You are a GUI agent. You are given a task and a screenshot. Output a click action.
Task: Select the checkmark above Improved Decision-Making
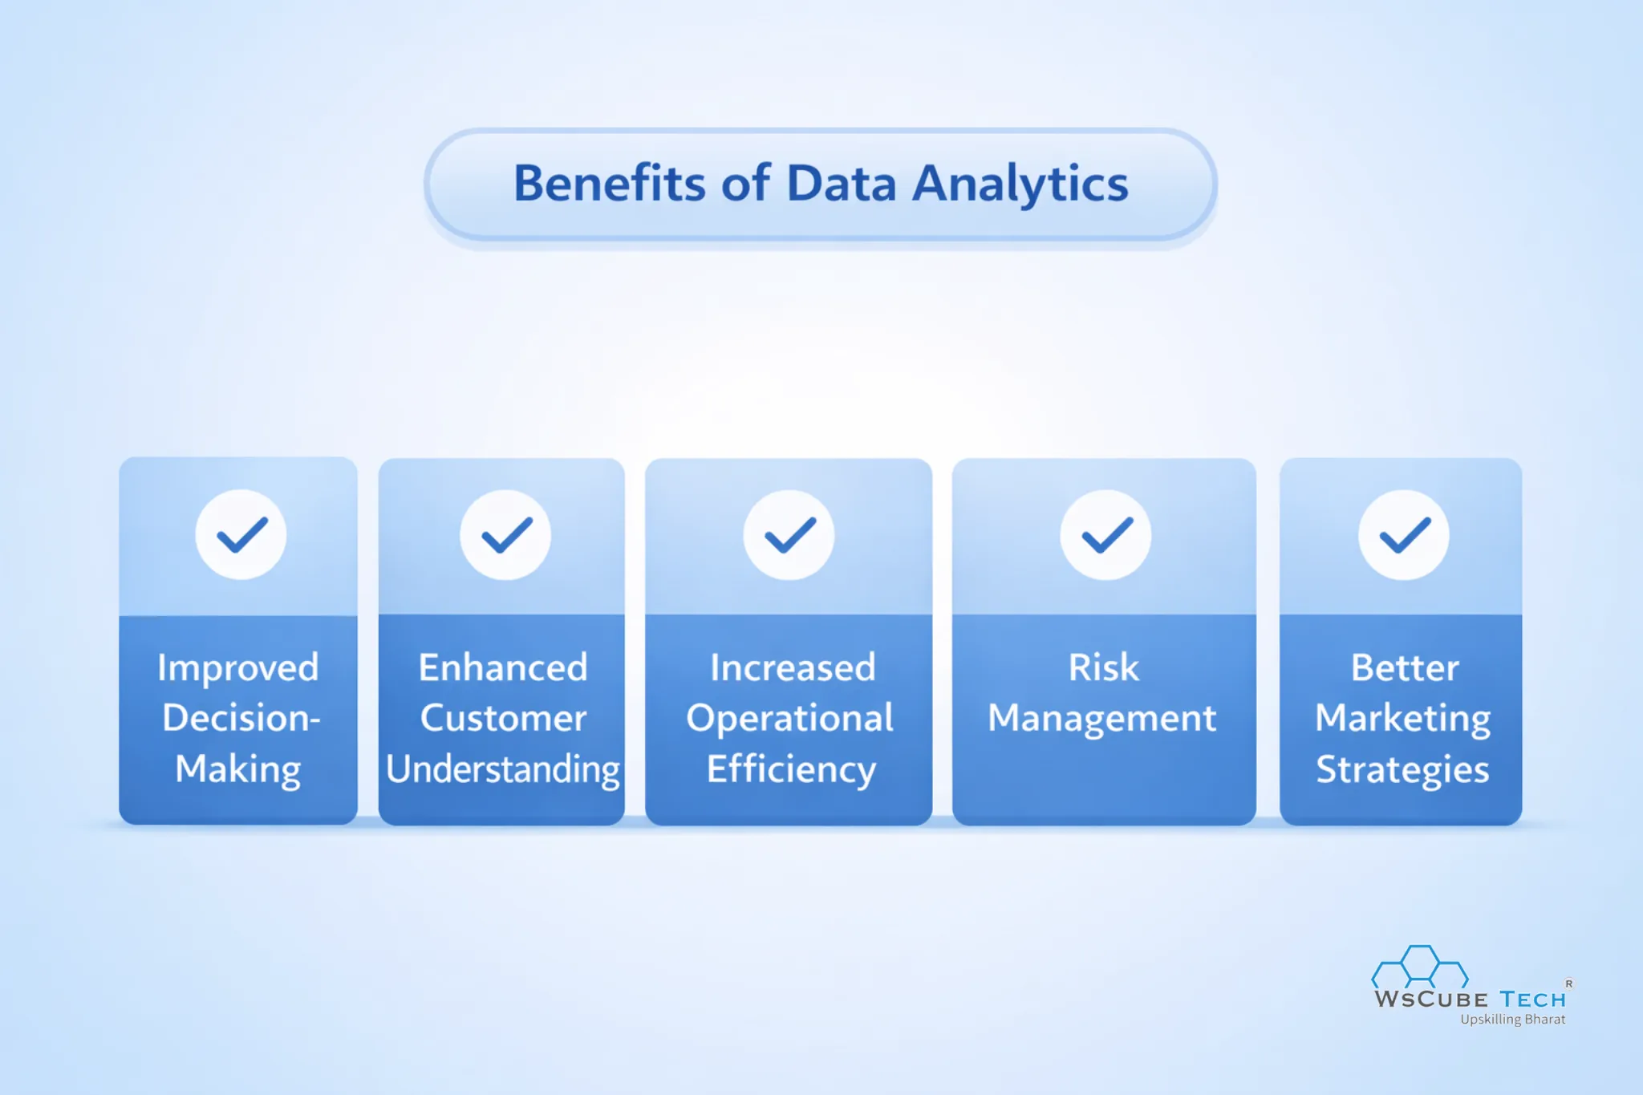241,535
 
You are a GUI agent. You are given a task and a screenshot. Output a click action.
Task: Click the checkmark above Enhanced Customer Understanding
505,535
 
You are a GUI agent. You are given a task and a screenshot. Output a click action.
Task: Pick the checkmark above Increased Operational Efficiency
789,535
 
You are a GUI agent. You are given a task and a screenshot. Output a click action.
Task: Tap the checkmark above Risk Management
1105,535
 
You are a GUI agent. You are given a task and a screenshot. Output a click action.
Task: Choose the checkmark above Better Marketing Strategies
1404,535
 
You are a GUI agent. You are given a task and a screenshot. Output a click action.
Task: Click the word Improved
238,668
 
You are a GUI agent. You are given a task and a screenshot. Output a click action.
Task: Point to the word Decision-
241,718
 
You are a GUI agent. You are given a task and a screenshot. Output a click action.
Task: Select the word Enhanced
503,667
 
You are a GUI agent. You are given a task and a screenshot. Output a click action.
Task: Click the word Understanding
503,769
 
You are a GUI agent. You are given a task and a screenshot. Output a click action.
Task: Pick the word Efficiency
791,769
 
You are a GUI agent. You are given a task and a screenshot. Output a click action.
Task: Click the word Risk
1103,667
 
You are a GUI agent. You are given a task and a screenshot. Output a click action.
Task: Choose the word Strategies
1402,769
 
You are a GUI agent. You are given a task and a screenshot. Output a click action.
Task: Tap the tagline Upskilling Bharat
1512,1020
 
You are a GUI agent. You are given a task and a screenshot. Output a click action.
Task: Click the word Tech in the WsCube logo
1532,1000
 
